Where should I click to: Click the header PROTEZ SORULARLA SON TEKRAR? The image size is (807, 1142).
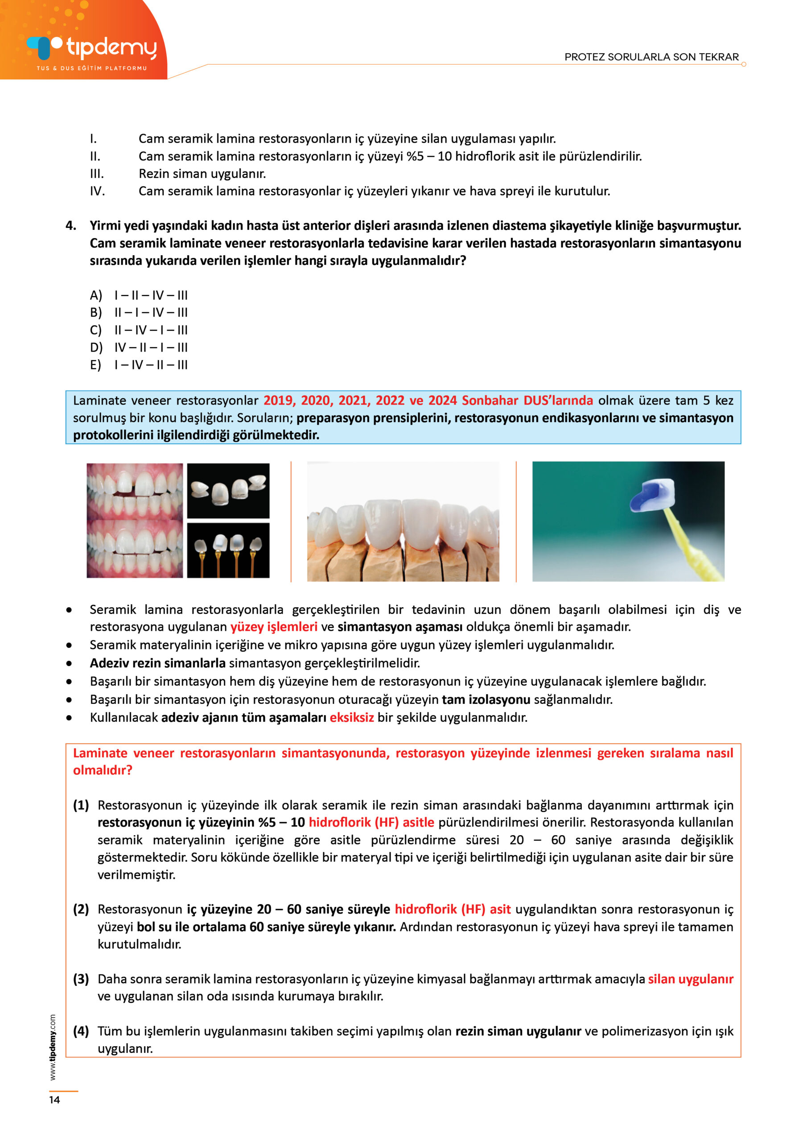pos(651,57)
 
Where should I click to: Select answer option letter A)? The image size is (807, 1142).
pos(95,295)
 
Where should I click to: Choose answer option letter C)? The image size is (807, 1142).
pos(95,330)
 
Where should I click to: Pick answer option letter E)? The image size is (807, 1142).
pos(95,365)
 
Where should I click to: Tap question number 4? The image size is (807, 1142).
pos(71,226)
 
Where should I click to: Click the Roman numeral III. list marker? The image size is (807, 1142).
pos(97,174)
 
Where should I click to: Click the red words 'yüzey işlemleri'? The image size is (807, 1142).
pos(273,627)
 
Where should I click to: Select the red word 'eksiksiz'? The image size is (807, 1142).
pos(351,718)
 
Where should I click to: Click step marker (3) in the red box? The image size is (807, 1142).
pos(81,979)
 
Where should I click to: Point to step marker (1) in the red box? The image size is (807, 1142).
pos(81,805)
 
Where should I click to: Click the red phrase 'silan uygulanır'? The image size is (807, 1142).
pos(690,979)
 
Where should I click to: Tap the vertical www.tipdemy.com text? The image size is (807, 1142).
pos(53,1047)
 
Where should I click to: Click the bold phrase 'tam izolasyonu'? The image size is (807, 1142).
pos(486,699)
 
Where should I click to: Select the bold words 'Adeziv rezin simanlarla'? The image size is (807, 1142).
pos(158,663)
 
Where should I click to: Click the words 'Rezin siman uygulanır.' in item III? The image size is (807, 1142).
pos(202,174)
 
